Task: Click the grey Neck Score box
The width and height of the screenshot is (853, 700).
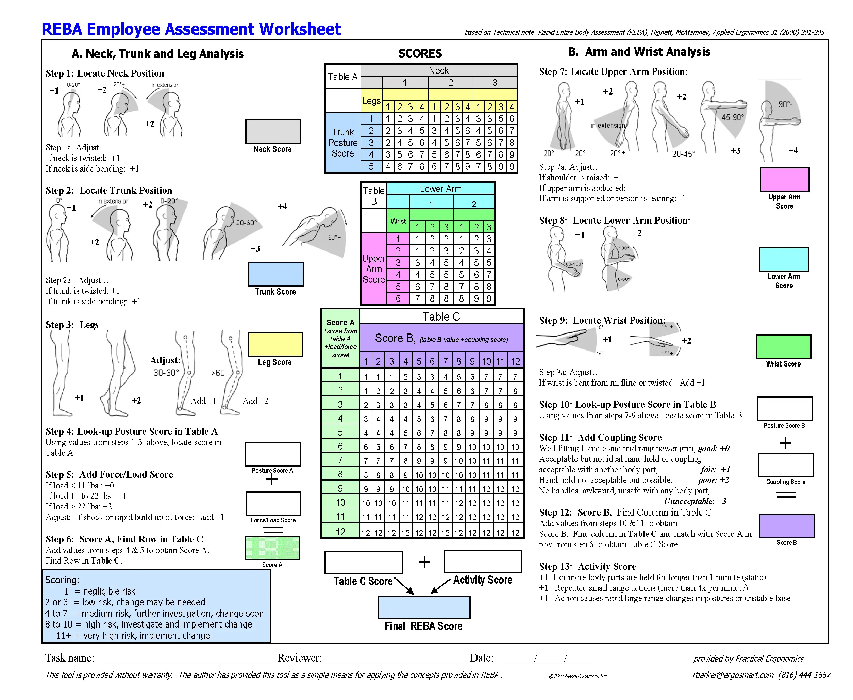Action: pyautogui.click(x=273, y=131)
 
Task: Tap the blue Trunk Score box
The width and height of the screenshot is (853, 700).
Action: pyautogui.click(x=275, y=274)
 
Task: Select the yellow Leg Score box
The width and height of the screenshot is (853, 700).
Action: pyautogui.click(x=275, y=344)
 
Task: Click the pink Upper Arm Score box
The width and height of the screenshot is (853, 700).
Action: pyautogui.click(x=784, y=179)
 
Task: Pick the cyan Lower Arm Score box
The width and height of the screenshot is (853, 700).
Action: pyautogui.click(x=784, y=259)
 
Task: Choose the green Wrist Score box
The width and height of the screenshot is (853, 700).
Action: pyautogui.click(x=783, y=346)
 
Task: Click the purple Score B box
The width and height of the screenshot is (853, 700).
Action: pyautogui.click(x=787, y=526)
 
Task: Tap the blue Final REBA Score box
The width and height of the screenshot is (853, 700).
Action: pyautogui.click(x=423, y=607)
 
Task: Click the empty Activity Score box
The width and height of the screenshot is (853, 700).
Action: pyautogui.click(x=483, y=561)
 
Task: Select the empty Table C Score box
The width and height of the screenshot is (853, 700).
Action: pyautogui.click(x=363, y=562)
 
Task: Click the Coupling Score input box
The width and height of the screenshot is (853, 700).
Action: pyautogui.click(x=785, y=465)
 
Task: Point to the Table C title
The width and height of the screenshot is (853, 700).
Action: pyautogui.click(x=441, y=316)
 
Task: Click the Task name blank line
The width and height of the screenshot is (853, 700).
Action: pyautogui.click(x=186, y=658)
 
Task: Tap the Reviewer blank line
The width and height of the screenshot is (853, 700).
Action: pyautogui.click(x=392, y=658)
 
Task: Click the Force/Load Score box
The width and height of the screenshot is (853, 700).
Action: pyautogui.click(x=273, y=504)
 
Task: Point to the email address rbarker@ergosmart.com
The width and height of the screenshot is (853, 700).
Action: pyautogui.click(x=733, y=674)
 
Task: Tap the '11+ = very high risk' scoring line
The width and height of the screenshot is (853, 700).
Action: pyautogui.click(x=133, y=635)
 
